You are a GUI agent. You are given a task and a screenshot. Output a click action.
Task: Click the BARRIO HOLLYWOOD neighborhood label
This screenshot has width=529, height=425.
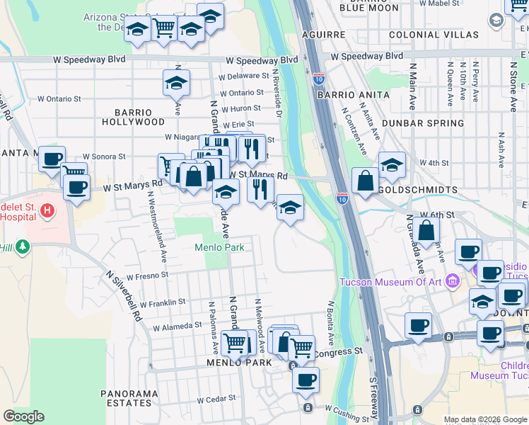[133, 117]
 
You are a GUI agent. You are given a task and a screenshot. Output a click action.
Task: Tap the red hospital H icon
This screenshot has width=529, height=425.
[47, 210]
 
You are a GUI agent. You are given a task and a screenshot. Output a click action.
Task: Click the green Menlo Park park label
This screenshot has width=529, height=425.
[220, 247]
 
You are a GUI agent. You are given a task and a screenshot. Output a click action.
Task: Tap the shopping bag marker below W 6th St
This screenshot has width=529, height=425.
[427, 230]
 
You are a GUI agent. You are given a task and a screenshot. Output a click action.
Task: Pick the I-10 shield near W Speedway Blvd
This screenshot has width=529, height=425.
[319, 78]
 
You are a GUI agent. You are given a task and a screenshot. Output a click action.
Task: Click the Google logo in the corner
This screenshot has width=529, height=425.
[23, 416]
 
